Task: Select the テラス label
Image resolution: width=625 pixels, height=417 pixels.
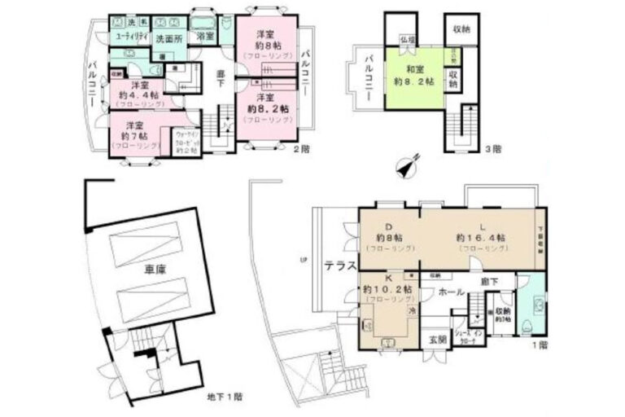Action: pos(339,265)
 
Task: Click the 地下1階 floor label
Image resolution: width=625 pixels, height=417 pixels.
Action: pos(223,397)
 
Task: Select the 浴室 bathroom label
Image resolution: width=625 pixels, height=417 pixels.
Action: pos(204,37)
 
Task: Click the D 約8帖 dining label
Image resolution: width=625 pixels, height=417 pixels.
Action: pos(388,233)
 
